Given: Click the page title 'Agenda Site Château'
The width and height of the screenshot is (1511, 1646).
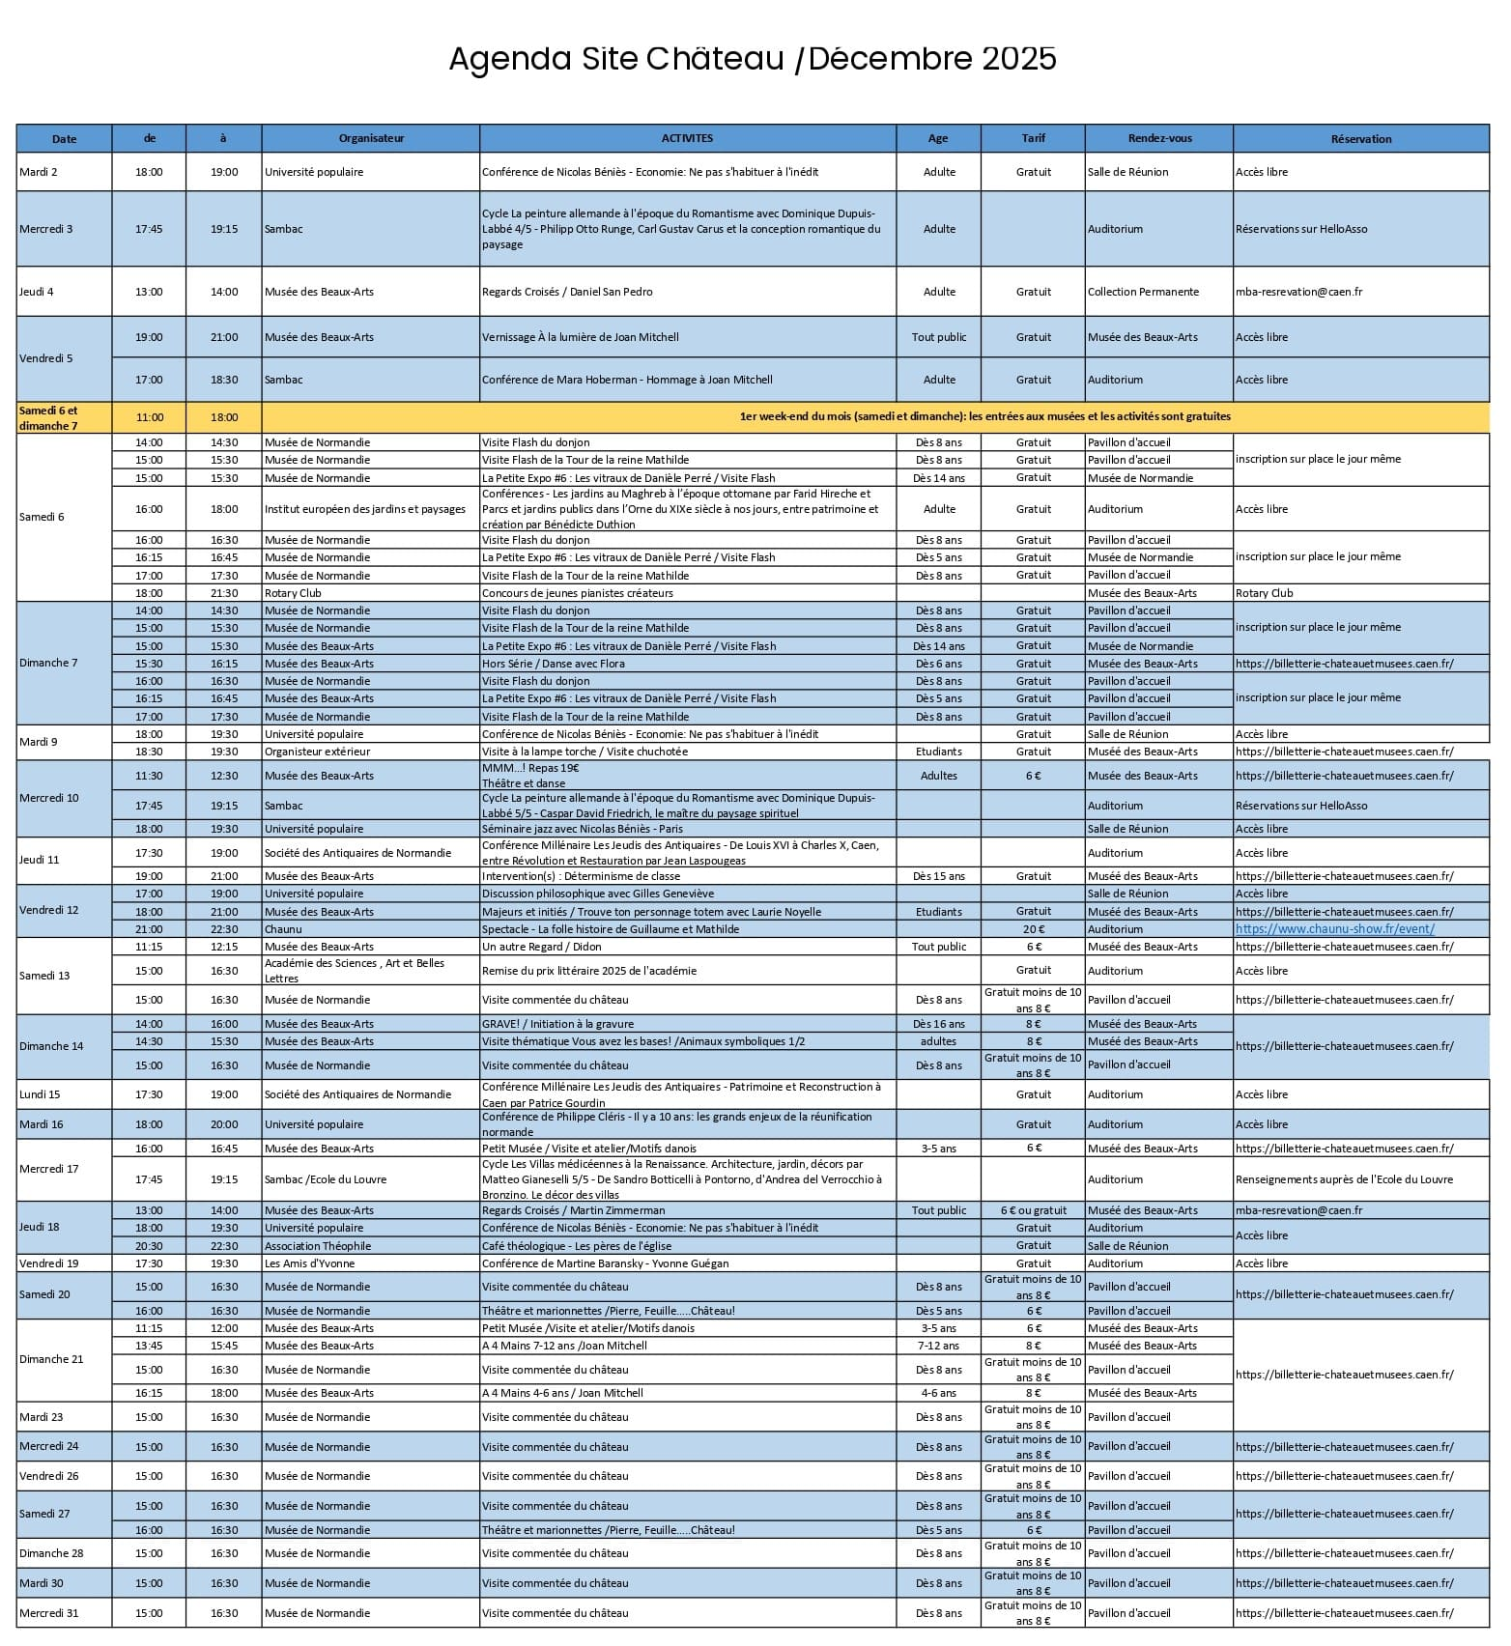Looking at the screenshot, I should (616, 59).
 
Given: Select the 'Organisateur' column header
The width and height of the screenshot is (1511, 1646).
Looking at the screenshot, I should (371, 138).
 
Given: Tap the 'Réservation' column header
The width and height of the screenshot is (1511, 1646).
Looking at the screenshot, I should (1360, 139).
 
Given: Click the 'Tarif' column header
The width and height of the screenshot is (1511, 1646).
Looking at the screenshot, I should (1033, 138).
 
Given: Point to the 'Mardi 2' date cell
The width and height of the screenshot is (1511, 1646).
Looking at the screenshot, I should (39, 172).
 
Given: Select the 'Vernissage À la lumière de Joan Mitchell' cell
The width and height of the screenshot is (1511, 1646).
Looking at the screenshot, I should (581, 337).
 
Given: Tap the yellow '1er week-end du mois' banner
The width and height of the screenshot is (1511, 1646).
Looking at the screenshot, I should (984, 417).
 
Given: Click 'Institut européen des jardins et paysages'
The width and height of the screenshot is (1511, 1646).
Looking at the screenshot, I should (365, 509).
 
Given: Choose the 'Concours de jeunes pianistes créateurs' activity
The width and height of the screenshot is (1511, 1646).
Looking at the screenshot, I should (578, 593).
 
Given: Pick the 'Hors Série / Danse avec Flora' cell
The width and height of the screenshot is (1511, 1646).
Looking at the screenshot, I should (554, 664).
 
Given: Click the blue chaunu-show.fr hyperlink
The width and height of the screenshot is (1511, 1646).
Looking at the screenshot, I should (1334, 929).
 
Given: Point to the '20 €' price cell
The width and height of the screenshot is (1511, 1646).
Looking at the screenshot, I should (1033, 929).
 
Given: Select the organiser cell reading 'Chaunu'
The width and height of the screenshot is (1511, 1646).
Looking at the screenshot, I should (283, 929).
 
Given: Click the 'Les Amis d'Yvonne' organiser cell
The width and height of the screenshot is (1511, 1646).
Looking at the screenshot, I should (309, 1263).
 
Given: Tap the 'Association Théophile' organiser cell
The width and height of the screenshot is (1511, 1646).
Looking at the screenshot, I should (318, 1246).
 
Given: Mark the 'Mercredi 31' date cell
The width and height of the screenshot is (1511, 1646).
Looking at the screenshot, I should (48, 1613).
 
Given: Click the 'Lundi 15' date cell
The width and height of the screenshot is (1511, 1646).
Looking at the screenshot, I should (40, 1094).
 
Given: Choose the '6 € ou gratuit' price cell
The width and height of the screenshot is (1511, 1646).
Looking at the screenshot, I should (1033, 1210).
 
